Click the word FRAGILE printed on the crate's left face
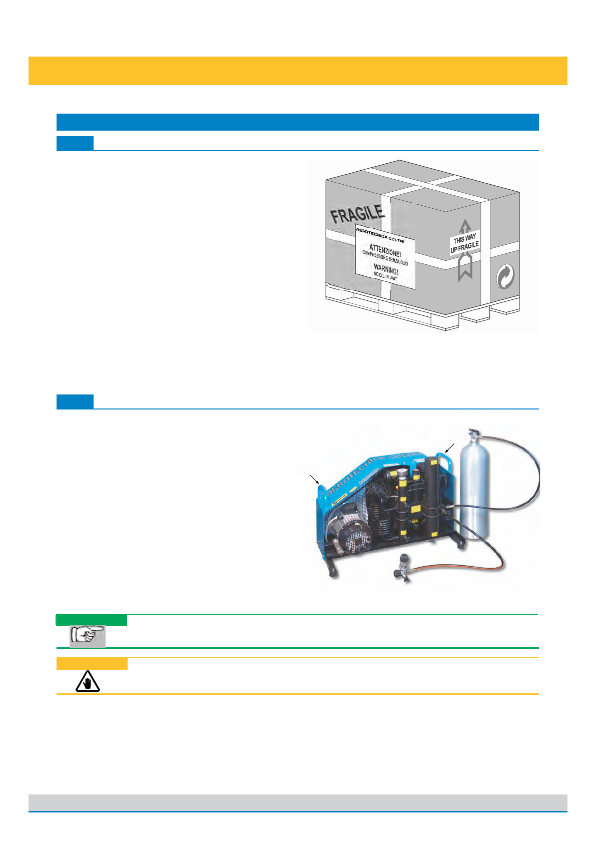click(x=357, y=214)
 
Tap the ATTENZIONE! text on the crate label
click(x=385, y=250)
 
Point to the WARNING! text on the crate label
click(x=386, y=269)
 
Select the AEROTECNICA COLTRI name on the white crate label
click(x=380, y=235)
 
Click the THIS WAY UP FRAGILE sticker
click(x=464, y=243)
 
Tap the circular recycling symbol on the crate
click(x=505, y=276)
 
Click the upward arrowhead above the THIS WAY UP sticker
click(x=465, y=226)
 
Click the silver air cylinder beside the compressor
click(x=474, y=491)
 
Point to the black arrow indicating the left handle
click(x=314, y=480)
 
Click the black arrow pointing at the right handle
click(x=449, y=447)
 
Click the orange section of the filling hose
click(x=465, y=568)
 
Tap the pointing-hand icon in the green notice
click(x=87, y=636)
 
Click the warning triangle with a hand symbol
click(x=88, y=682)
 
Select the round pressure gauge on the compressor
click(x=402, y=473)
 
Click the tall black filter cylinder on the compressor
click(x=431, y=496)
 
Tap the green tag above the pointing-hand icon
click(x=91, y=620)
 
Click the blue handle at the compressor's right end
click(x=445, y=458)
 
